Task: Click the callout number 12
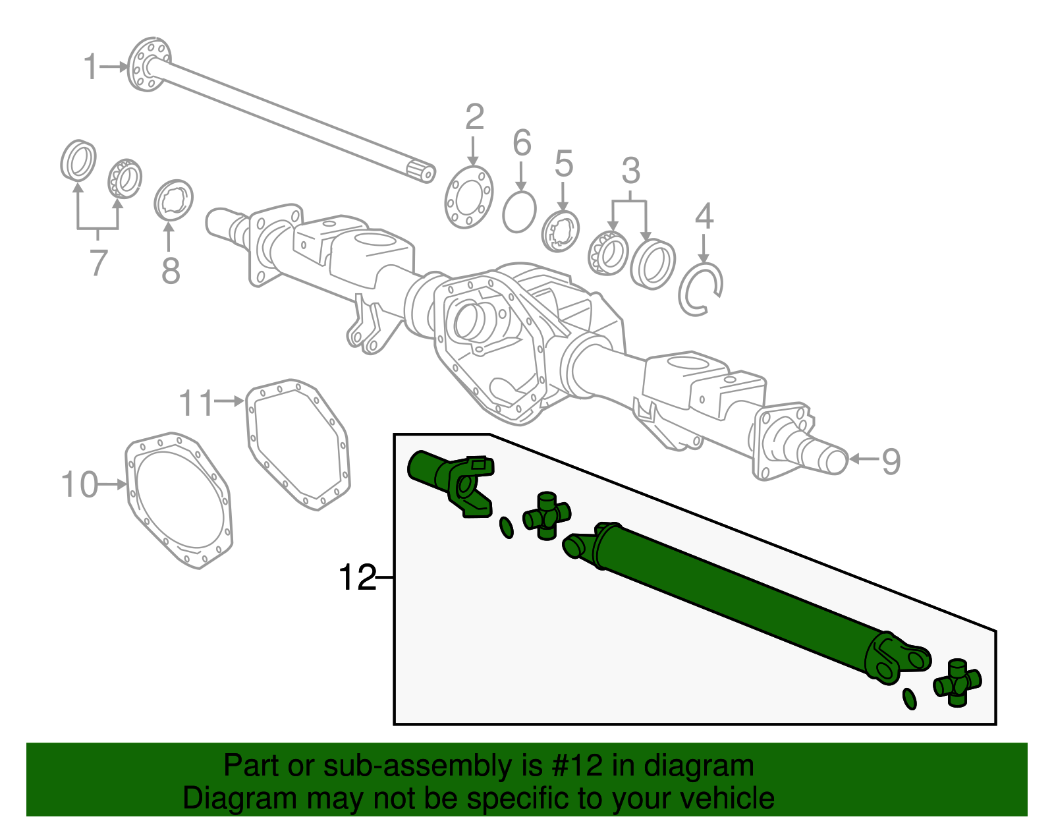point(356,578)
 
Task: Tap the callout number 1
point(91,67)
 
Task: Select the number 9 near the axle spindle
point(891,461)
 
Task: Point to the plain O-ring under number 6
point(519,212)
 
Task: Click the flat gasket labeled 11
point(298,444)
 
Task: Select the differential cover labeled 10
point(179,499)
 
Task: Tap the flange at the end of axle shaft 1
point(148,65)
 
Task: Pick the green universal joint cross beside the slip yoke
point(547,515)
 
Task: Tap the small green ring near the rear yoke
point(909,698)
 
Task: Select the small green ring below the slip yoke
point(507,527)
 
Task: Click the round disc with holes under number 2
point(469,196)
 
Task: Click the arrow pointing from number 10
point(113,485)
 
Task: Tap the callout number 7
point(97,262)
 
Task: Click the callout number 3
point(630,171)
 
